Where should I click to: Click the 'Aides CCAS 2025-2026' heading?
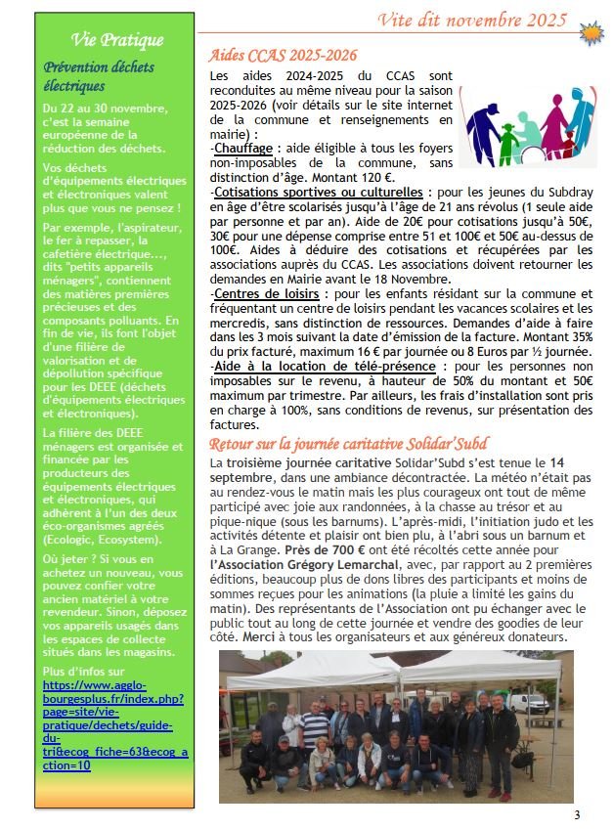click(284, 56)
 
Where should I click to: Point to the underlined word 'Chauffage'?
click(243, 148)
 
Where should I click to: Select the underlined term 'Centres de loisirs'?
click(260, 293)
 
